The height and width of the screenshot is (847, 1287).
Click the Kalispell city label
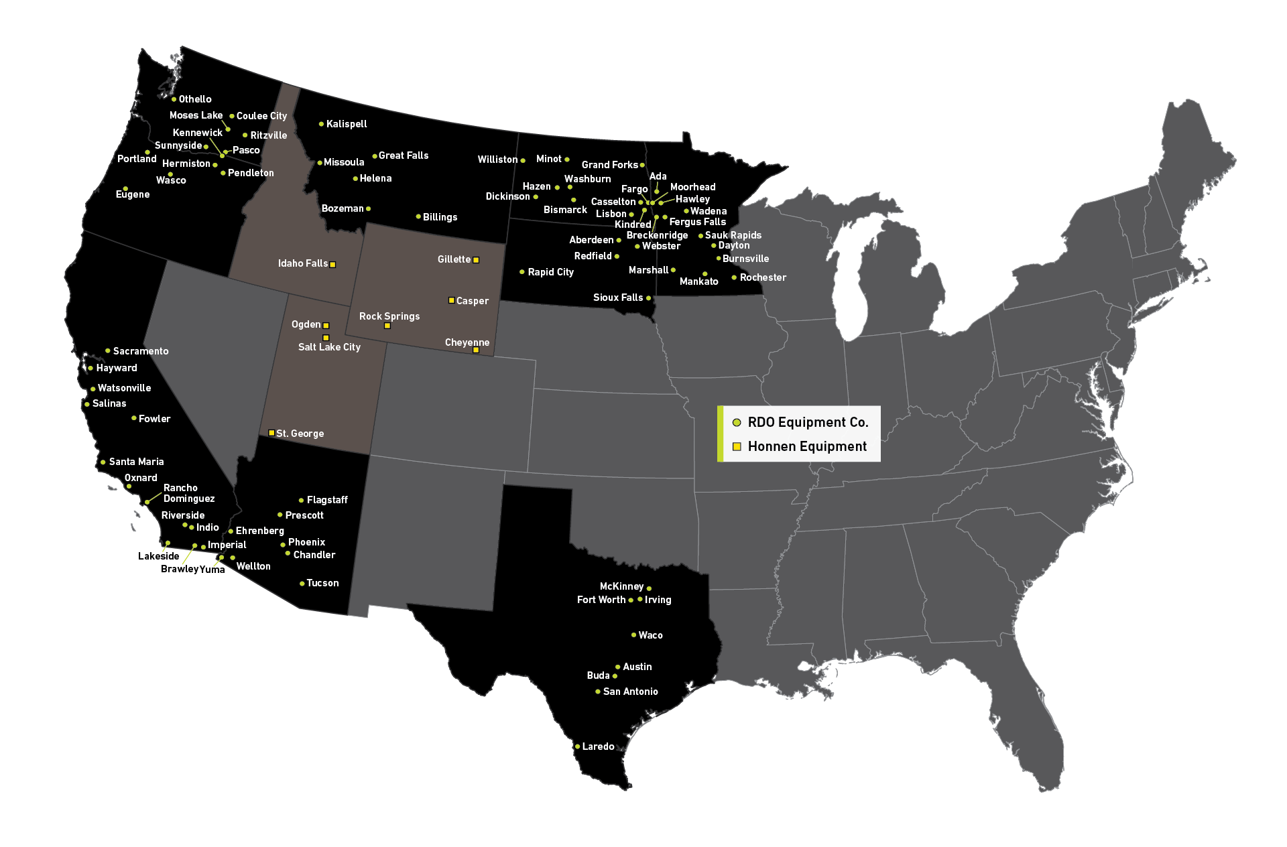347,124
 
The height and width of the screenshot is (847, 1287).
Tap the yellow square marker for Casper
452,300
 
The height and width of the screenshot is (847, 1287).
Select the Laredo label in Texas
598,746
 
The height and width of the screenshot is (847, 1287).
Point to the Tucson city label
322,583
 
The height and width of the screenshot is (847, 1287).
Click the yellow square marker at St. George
271,433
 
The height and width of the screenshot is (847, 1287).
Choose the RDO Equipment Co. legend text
808,422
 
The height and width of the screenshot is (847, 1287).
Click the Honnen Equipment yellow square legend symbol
737,446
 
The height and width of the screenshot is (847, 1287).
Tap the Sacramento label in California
141,351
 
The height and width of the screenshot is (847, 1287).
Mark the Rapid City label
550,272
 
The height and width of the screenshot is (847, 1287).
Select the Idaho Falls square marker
332,265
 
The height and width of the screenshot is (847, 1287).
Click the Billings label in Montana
440,217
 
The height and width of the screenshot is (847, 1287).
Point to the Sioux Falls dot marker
648,298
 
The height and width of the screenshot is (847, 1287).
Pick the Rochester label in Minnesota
763,277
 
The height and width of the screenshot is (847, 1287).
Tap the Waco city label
650,635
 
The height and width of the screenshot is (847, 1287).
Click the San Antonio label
630,692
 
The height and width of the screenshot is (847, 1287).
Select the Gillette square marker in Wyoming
476,260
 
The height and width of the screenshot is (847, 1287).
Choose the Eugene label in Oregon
133,194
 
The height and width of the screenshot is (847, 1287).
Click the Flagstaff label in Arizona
327,500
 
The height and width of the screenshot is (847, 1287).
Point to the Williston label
497,159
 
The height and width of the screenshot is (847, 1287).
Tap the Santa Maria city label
136,462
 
